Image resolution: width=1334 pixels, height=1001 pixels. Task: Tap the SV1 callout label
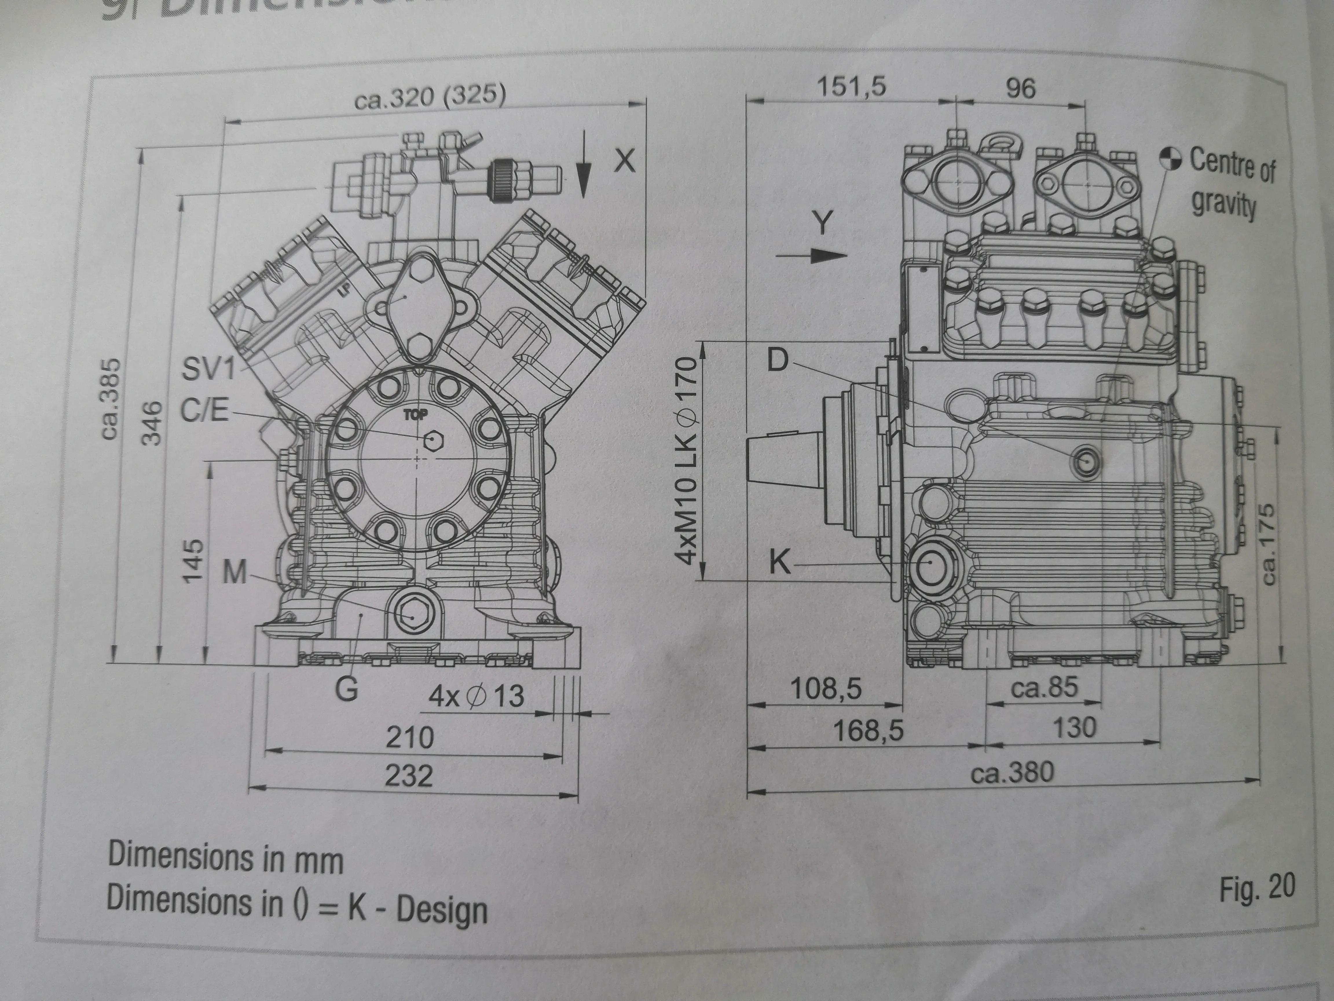(x=208, y=369)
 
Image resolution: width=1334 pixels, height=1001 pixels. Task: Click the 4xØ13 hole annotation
(x=477, y=696)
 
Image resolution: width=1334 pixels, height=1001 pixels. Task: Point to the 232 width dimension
(x=409, y=775)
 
